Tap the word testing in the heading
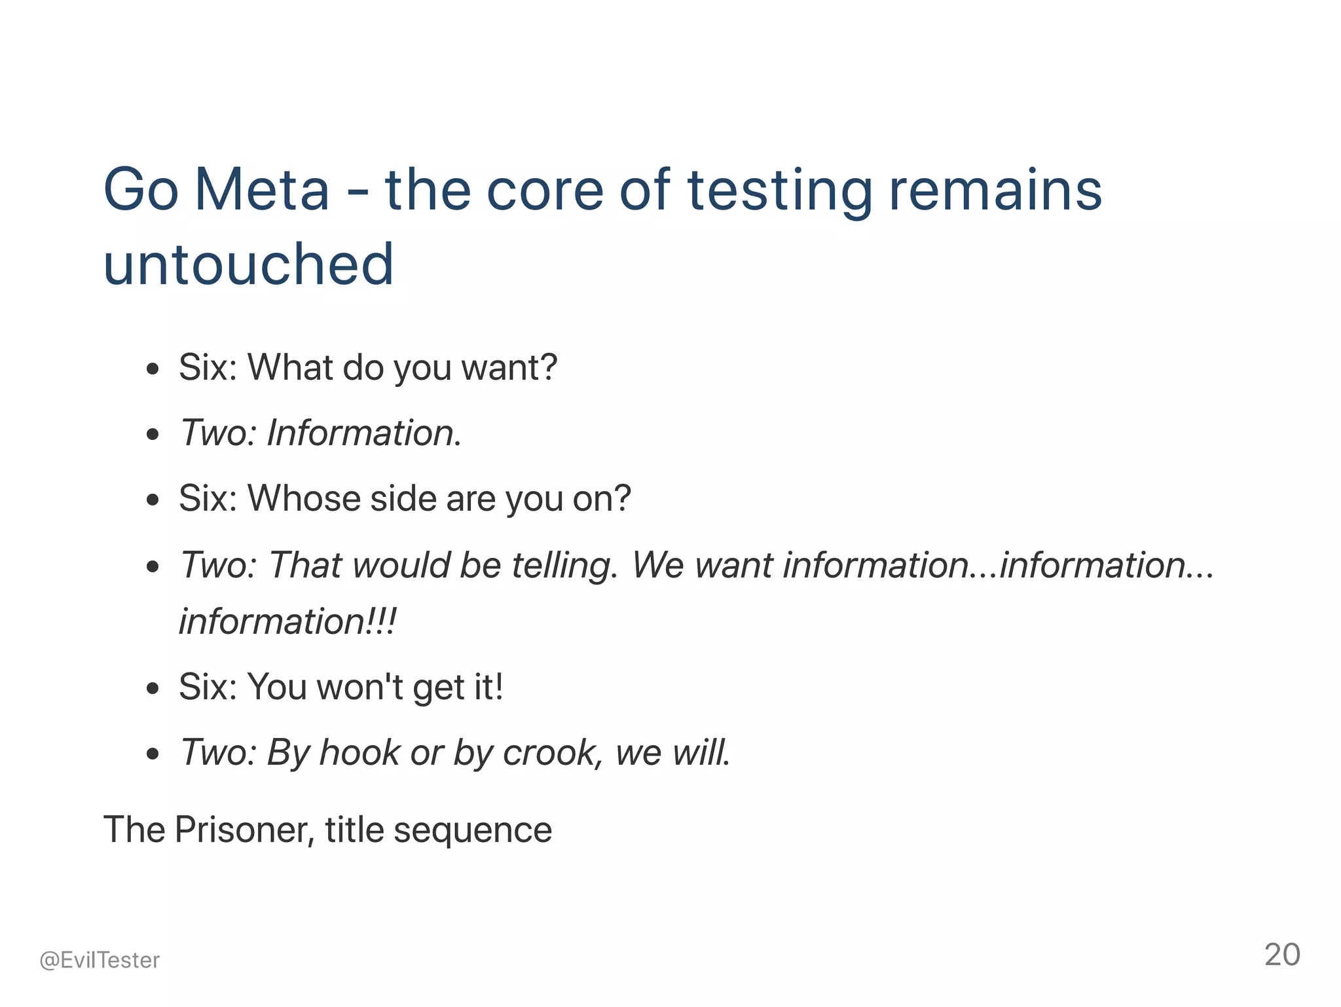pyautogui.click(x=779, y=191)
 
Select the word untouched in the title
pyautogui.click(x=249, y=265)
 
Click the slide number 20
pyautogui.click(x=1282, y=955)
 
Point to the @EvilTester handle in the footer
pyautogui.click(x=100, y=960)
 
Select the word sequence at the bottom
pyautogui.click(x=473, y=830)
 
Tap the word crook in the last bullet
pyautogui.click(x=549, y=753)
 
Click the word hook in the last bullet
pyautogui.click(x=359, y=753)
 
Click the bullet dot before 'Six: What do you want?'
pyautogui.click(x=153, y=369)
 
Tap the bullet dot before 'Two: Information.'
pyautogui.click(x=153, y=434)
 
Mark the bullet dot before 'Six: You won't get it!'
pyautogui.click(x=153, y=689)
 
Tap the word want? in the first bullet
pyautogui.click(x=509, y=368)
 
